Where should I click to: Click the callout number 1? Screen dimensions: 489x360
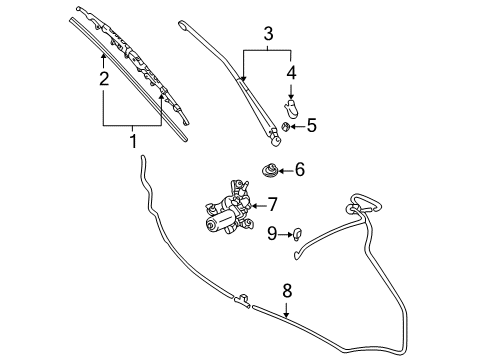[x=133, y=141]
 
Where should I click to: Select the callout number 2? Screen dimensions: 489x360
[x=104, y=79]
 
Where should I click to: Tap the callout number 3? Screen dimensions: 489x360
[x=268, y=34]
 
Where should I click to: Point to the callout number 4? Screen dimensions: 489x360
[x=291, y=73]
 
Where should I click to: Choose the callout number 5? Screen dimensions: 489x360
[x=312, y=126]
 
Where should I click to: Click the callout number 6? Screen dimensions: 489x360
[x=300, y=169]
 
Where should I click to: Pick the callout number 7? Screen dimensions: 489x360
[x=273, y=204]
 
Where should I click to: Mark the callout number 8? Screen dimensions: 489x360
[x=287, y=291]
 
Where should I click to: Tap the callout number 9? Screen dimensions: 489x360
[x=272, y=233]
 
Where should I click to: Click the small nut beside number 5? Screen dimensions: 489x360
[x=285, y=126]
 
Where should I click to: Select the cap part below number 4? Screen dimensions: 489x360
[x=291, y=108]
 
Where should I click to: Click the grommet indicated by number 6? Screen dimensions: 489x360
[x=269, y=170]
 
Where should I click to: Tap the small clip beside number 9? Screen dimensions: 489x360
[x=297, y=235]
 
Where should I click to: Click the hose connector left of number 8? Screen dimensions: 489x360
[x=242, y=300]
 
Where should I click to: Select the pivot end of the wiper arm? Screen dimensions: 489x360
[x=275, y=138]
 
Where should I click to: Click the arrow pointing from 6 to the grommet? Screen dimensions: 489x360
[x=286, y=171]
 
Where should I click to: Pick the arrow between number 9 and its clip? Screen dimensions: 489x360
[x=285, y=235]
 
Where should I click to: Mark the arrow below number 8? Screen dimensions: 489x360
[x=286, y=308]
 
